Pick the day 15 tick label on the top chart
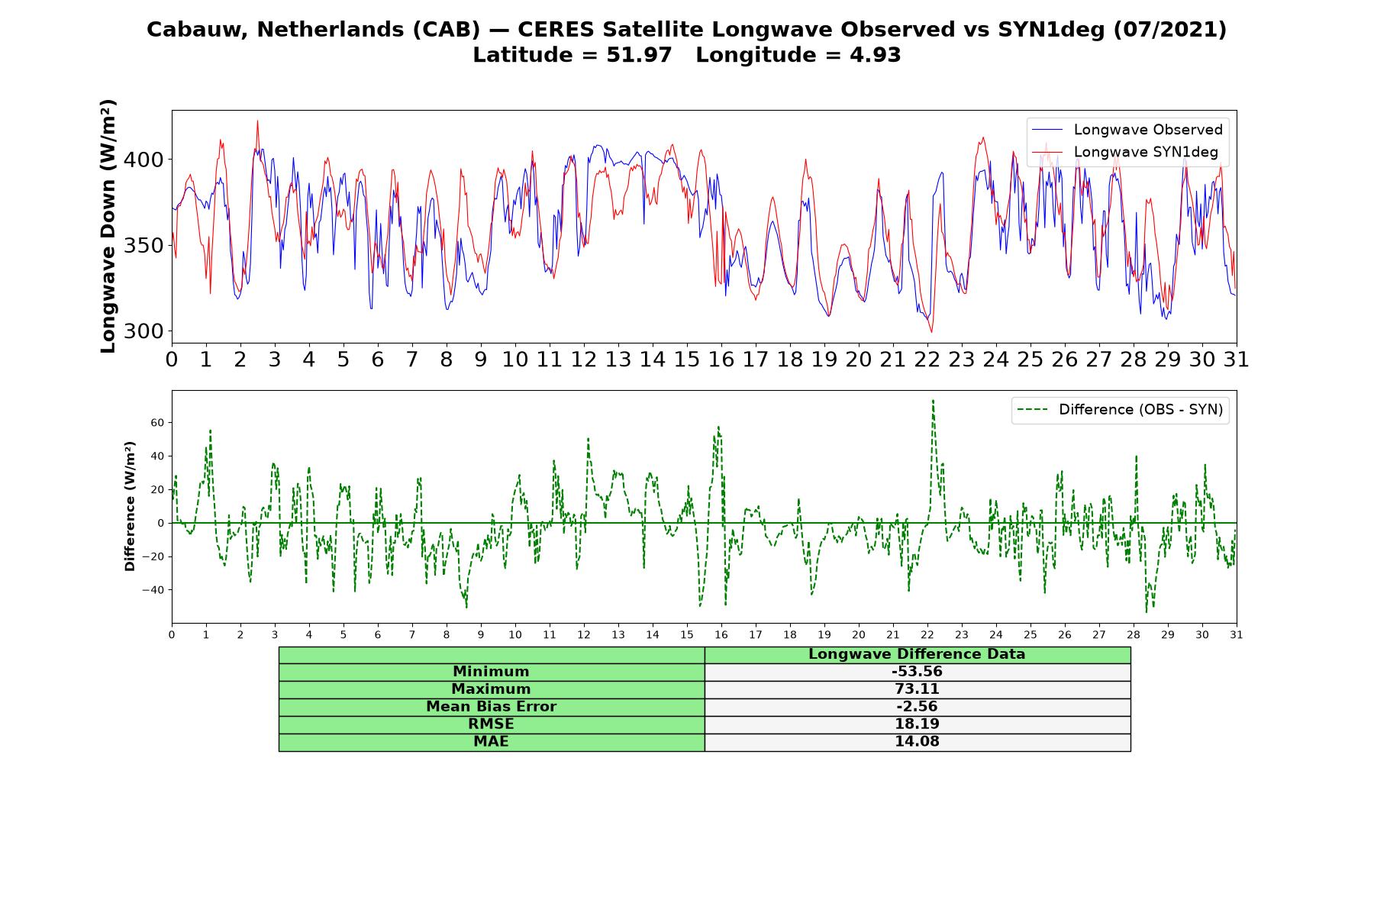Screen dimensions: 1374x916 (x=687, y=360)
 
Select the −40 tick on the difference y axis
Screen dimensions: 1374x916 (x=156, y=589)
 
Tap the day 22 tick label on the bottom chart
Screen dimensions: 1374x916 (x=927, y=634)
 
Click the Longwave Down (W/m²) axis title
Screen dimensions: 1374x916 (x=108, y=227)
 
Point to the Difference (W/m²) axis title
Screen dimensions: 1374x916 (x=131, y=506)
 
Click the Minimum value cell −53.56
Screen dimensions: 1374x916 (x=917, y=672)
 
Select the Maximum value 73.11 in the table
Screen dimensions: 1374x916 (x=917, y=689)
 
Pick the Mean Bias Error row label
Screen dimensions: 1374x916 (x=492, y=707)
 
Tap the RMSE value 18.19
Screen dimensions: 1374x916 (x=917, y=724)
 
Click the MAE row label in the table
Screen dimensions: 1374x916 (x=491, y=742)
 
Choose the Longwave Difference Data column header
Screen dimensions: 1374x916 (x=917, y=654)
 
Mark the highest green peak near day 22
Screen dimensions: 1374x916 (x=933, y=400)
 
